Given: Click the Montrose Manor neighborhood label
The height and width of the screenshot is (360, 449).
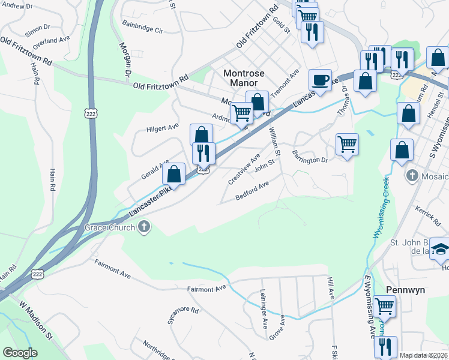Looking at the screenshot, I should coord(244,79).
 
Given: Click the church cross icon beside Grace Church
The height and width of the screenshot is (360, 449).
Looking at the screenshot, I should coord(143,227).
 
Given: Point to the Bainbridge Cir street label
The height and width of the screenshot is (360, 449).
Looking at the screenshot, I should coord(142,29).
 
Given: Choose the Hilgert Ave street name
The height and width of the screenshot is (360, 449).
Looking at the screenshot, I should coord(163,127).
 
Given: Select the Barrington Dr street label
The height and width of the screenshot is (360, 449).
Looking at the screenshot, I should coord(310,158).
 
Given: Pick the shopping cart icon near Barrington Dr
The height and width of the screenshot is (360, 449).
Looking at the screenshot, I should coord(347,145).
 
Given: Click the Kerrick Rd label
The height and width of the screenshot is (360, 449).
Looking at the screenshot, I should coord(427,216).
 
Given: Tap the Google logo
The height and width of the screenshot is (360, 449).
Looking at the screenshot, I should coord(20,353).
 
